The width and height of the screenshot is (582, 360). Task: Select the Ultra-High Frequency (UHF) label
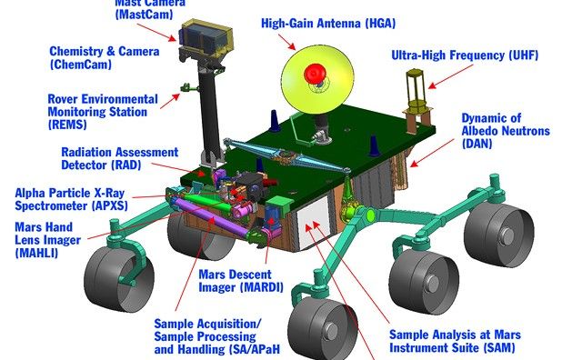click(465, 55)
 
